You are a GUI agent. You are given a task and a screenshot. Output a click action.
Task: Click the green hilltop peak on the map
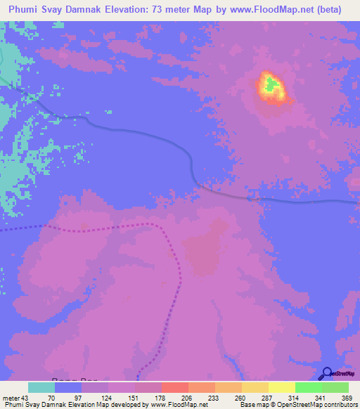pos(271,86)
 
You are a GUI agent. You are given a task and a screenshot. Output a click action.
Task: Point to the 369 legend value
pos(346,398)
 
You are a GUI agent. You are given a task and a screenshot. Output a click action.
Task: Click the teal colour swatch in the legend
pos(41,387)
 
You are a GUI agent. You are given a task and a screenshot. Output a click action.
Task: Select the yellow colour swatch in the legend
pos(282,387)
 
